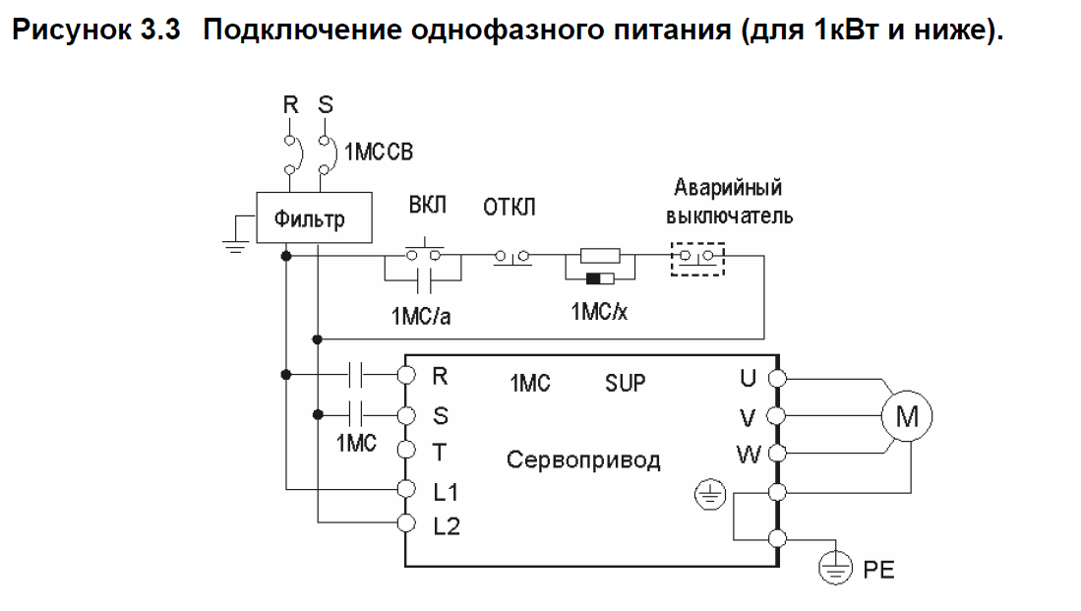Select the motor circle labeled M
[905, 417]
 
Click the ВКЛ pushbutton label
[427, 207]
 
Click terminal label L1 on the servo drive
[446, 489]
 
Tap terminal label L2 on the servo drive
[446, 525]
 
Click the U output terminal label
[749, 377]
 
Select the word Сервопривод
[583, 459]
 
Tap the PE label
[878, 570]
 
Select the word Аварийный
[728, 187]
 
